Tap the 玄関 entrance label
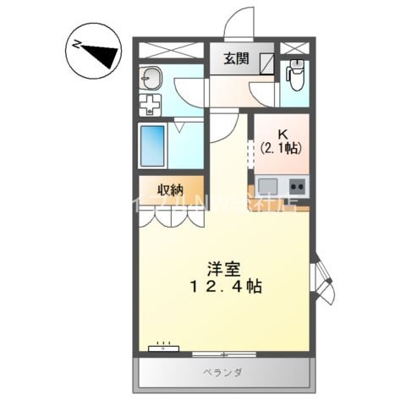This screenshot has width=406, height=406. pyautogui.click(x=236, y=59)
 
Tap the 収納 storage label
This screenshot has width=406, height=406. pyautogui.click(x=171, y=189)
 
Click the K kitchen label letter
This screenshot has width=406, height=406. pyautogui.click(x=282, y=132)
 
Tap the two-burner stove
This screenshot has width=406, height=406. pyautogui.click(x=297, y=185)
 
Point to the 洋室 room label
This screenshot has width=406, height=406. pyautogui.click(x=224, y=270)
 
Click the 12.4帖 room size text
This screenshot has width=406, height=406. pyautogui.click(x=224, y=287)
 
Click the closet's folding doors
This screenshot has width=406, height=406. pyautogui.click(x=172, y=217)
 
